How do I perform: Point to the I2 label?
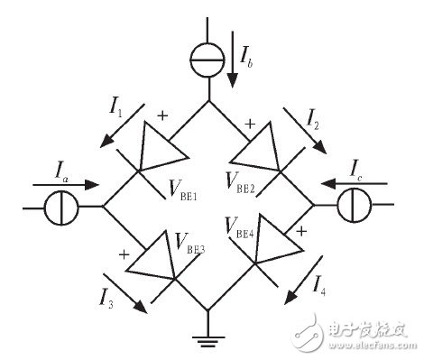(x=312, y=118)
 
